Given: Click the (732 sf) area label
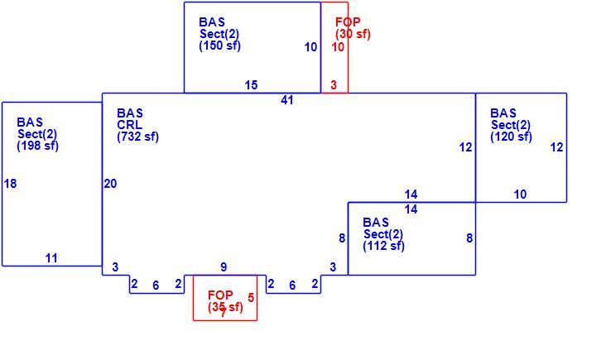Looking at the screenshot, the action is [x=137, y=137].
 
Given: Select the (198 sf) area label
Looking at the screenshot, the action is [x=37, y=146].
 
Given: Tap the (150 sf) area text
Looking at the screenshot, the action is [x=219, y=46].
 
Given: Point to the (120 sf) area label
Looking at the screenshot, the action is [x=511, y=137].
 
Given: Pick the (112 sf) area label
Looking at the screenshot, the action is [x=383, y=246].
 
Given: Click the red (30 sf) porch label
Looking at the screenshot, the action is [x=353, y=34].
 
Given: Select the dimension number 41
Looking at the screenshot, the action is [x=287, y=100].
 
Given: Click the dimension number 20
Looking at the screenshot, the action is [x=110, y=184].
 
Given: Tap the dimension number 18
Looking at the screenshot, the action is [x=11, y=184].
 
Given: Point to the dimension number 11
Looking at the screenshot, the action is [x=51, y=258].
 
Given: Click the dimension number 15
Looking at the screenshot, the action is [x=251, y=85].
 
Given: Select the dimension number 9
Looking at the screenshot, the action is [x=224, y=267].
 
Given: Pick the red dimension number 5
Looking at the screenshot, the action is [x=251, y=298].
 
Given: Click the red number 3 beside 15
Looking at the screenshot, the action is [x=334, y=85].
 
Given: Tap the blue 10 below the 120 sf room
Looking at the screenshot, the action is [x=520, y=194].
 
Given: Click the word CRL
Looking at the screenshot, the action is [x=129, y=125].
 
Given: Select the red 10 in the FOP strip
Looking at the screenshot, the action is [x=338, y=47].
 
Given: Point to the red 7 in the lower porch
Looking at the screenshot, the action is [x=223, y=313].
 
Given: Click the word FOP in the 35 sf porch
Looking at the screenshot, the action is [x=220, y=295].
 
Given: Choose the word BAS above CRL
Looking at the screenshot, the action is [x=130, y=113].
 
